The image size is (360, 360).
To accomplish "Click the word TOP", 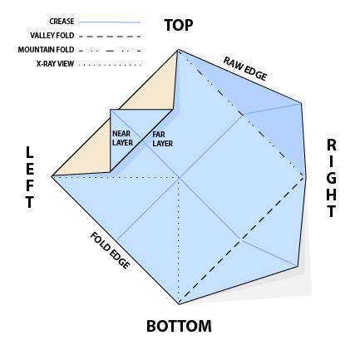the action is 179,25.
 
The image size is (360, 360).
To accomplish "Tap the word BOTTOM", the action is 179,326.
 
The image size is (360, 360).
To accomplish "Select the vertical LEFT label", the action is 30,178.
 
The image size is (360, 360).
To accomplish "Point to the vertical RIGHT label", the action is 332,179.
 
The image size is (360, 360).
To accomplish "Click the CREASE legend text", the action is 62,22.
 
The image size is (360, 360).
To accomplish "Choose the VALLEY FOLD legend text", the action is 52,36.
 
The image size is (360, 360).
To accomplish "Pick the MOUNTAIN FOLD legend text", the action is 46,50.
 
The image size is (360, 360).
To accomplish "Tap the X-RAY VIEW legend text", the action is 55,64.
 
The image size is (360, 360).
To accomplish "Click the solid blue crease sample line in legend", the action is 110,22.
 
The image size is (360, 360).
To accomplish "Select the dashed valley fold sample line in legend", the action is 110,36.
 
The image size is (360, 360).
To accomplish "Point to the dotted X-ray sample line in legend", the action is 110,65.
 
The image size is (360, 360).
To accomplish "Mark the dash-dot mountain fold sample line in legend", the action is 111,51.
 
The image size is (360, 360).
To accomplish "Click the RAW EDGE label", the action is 245,69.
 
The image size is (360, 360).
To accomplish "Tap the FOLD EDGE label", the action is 110,250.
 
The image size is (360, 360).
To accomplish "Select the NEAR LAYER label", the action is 122,138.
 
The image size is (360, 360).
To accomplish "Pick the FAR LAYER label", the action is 163,139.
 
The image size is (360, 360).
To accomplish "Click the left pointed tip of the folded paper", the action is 52,176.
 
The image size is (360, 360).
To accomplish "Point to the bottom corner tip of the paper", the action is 180,304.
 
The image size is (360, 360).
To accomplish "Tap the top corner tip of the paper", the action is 178,50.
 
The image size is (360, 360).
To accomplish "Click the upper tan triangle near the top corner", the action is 158,91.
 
